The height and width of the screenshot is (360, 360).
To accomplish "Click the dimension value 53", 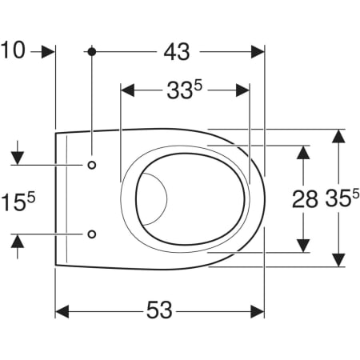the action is [x=159, y=310].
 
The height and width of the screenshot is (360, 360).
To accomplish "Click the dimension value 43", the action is [x=177, y=51].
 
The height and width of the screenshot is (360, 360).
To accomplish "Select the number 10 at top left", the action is [x=14, y=50].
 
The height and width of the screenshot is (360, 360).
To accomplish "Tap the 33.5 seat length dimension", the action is [x=185, y=90].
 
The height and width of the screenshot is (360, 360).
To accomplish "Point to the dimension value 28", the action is [x=305, y=199].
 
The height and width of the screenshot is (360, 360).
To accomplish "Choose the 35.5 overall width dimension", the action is [x=342, y=198].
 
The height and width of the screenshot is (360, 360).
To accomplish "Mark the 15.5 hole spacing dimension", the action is [x=18, y=202].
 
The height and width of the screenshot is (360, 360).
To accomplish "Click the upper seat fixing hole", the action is [x=92, y=165].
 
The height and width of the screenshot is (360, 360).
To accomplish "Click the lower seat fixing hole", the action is [x=92, y=234].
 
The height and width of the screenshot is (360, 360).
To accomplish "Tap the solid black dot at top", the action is [x=92, y=52].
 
